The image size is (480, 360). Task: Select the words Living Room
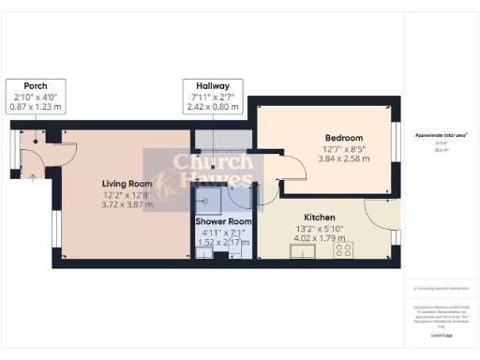pos(127,183)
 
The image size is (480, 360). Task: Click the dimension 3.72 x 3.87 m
pos(127,205)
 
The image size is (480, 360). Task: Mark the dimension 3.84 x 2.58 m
pos(343,159)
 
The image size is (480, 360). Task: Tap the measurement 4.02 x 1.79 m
pos(321,238)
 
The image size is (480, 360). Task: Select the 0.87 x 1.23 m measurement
pos(36,108)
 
